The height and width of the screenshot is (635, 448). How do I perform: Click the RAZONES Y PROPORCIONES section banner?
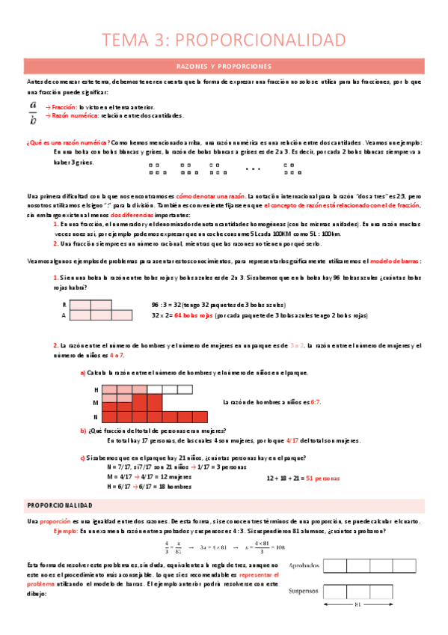[x=224, y=66]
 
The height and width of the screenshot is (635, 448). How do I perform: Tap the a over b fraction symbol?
[x=33, y=112]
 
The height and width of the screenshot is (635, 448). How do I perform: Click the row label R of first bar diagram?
[x=64, y=305]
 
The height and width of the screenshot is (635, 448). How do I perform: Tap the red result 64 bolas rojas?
[x=194, y=315]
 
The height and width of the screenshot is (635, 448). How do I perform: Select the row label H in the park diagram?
[x=96, y=390]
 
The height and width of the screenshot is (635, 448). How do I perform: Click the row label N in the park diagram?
[x=96, y=416]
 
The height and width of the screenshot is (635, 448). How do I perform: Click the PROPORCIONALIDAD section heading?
[x=59, y=505]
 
